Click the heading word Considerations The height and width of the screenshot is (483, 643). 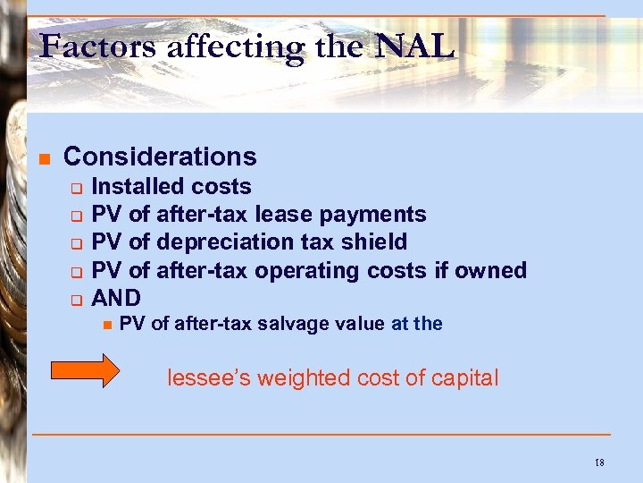coord(160,157)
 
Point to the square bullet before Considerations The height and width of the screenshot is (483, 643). coord(43,159)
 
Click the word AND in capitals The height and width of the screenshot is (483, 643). coord(116,297)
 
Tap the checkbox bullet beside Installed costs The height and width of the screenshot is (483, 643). coord(77,188)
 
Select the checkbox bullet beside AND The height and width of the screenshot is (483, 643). coord(77,299)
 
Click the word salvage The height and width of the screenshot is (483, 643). coord(287,324)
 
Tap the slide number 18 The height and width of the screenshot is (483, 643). coord(598,462)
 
